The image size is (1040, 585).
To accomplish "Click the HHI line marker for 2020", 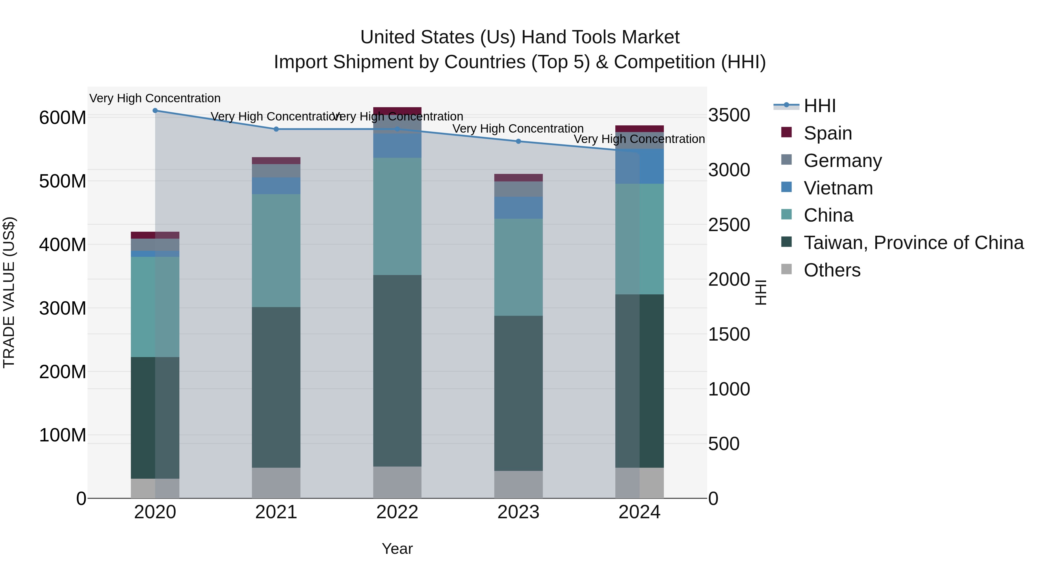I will click(x=155, y=111).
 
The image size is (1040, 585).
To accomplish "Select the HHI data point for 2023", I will click(x=518, y=141).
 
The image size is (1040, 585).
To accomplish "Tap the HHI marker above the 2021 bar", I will click(x=276, y=129).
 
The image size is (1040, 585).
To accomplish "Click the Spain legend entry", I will click(x=827, y=133).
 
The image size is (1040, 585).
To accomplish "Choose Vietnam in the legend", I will click(x=838, y=188).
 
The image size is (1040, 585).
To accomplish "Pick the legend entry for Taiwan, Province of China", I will click(x=913, y=243).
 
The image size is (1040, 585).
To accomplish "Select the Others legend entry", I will click(x=832, y=270).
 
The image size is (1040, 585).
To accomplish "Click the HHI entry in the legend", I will click(x=819, y=106).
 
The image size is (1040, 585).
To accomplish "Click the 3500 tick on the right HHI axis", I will click(x=729, y=115).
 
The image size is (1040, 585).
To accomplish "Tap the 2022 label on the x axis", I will click(x=397, y=512).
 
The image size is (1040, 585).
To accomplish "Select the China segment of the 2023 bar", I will click(x=518, y=267).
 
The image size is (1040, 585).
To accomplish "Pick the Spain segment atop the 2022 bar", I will click(x=397, y=110).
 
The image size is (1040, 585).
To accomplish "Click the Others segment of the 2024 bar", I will click(x=640, y=483).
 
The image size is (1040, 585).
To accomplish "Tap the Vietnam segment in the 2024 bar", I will click(x=640, y=166).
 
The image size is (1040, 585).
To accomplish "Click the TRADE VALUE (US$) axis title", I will click(x=9, y=292).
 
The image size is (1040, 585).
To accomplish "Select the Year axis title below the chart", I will click(x=397, y=549).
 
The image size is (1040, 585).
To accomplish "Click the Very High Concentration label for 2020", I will click(x=155, y=98).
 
